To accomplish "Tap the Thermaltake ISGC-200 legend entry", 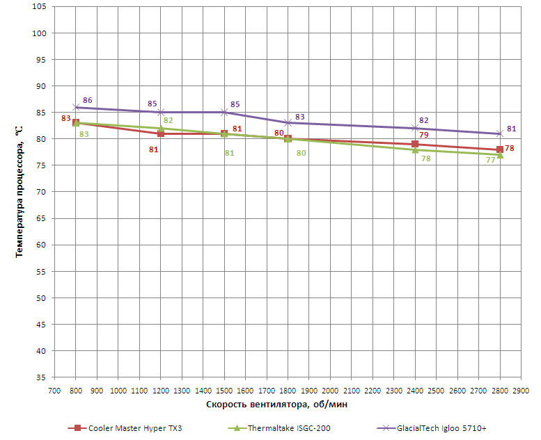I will click(x=288, y=428).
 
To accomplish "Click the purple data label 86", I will click(x=87, y=100).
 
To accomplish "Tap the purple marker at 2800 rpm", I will click(x=500, y=133).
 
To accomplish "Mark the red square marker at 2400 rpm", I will click(x=415, y=144).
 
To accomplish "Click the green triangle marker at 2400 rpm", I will click(x=415, y=149).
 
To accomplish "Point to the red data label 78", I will click(x=510, y=148).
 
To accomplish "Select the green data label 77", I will click(x=490, y=160).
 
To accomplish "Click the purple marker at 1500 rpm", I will click(x=224, y=112).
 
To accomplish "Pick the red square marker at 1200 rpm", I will click(x=161, y=133).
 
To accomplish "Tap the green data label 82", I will click(x=168, y=120).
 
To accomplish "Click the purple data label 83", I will click(x=300, y=117).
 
